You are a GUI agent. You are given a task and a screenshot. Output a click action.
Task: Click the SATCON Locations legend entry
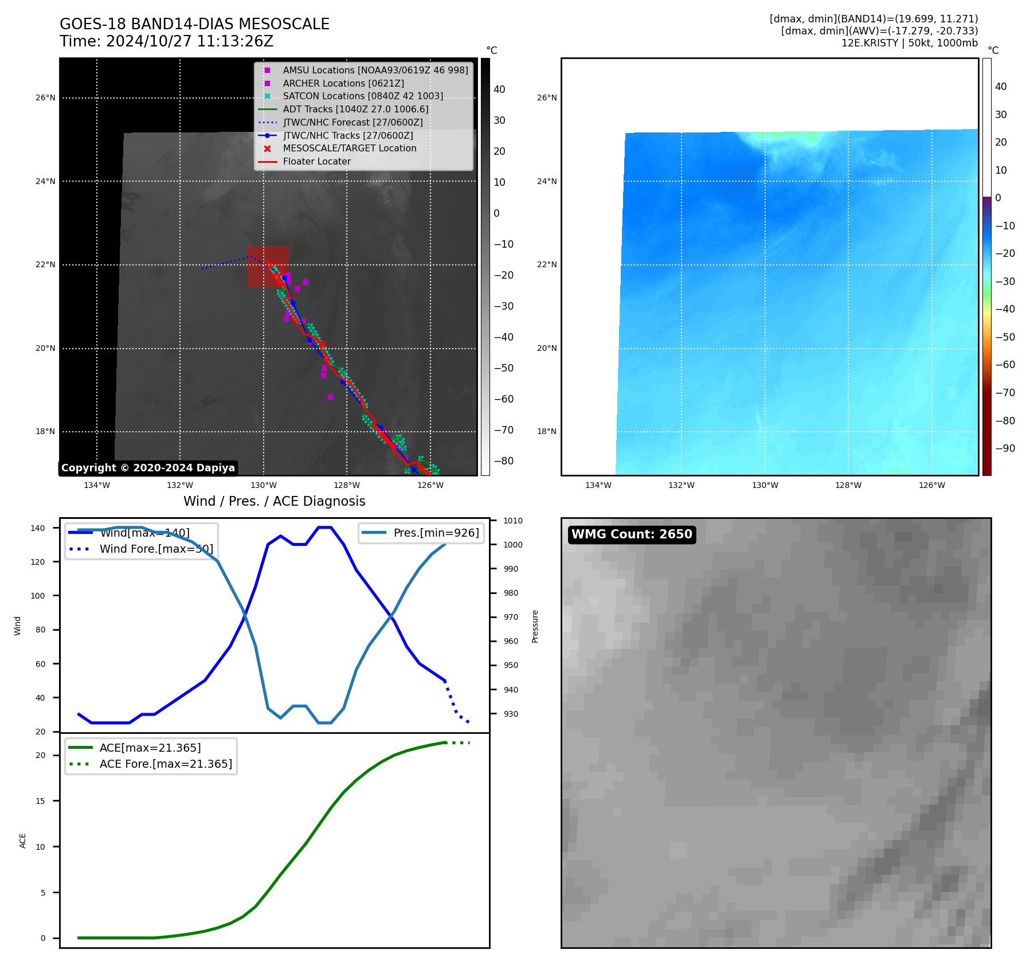(x=363, y=96)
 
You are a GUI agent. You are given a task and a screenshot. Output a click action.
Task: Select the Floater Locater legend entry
(x=316, y=161)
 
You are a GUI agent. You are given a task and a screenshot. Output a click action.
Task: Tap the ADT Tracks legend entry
(x=355, y=109)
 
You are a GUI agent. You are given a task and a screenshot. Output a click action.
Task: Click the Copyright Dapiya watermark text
(x=148, y=468)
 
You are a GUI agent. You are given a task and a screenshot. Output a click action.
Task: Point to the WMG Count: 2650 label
(x=632, y=534)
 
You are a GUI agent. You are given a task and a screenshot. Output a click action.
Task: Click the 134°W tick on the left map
(x=97, y=485)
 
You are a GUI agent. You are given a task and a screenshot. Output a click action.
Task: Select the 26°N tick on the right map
(x=547, y=97)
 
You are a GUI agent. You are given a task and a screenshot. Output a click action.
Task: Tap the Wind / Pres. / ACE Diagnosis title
(x=274, y=501)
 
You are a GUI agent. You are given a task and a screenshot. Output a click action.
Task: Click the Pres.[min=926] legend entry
(x=436, y=533)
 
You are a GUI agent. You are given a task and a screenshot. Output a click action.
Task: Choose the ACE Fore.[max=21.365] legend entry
(x=166, y=764)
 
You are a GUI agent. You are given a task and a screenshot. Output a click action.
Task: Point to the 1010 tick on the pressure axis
(x=513, y=521)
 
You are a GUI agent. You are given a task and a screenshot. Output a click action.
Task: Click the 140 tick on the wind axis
(x=38, y=528)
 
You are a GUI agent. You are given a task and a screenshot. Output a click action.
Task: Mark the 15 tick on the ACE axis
(x=40, y=801)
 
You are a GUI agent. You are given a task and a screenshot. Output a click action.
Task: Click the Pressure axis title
(x=535, y=626)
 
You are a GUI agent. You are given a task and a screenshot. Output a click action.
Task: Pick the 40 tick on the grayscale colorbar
(x=499, y=89)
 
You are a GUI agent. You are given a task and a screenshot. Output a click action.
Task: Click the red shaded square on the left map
(x=268, y=267)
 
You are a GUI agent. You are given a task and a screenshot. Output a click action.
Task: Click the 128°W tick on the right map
(x=848, y=485)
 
